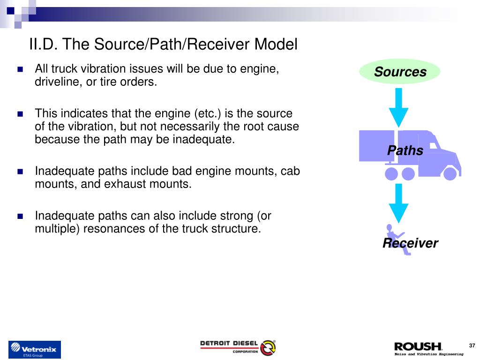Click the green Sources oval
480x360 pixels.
pyautogui.click(x=400, y=72)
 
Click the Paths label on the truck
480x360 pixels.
pyautogui.click(x=405, y=150)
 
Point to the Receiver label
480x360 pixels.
pyautogui.click(x=410, y=243)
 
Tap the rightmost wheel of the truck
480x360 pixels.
pyautogui.click(x=450, y=174)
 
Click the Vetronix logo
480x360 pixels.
pyautogui.click(x=35, y=350)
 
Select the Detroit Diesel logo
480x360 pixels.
pyautogui.click(x=238, y=347)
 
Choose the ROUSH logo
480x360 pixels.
pyautogui.click(x=418, y=347)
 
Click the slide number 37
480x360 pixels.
pyautogui.click(x=472, y=346)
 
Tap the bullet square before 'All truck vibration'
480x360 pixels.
pyautogui.click(x=20, y=69)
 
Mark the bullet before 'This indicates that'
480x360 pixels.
pyautogui.click(x=20, y=114)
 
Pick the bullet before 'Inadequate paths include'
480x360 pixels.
pyautogui.click(x=20, y=172)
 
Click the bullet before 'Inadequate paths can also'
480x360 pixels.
pyautogui.click(x=20, y=216)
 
